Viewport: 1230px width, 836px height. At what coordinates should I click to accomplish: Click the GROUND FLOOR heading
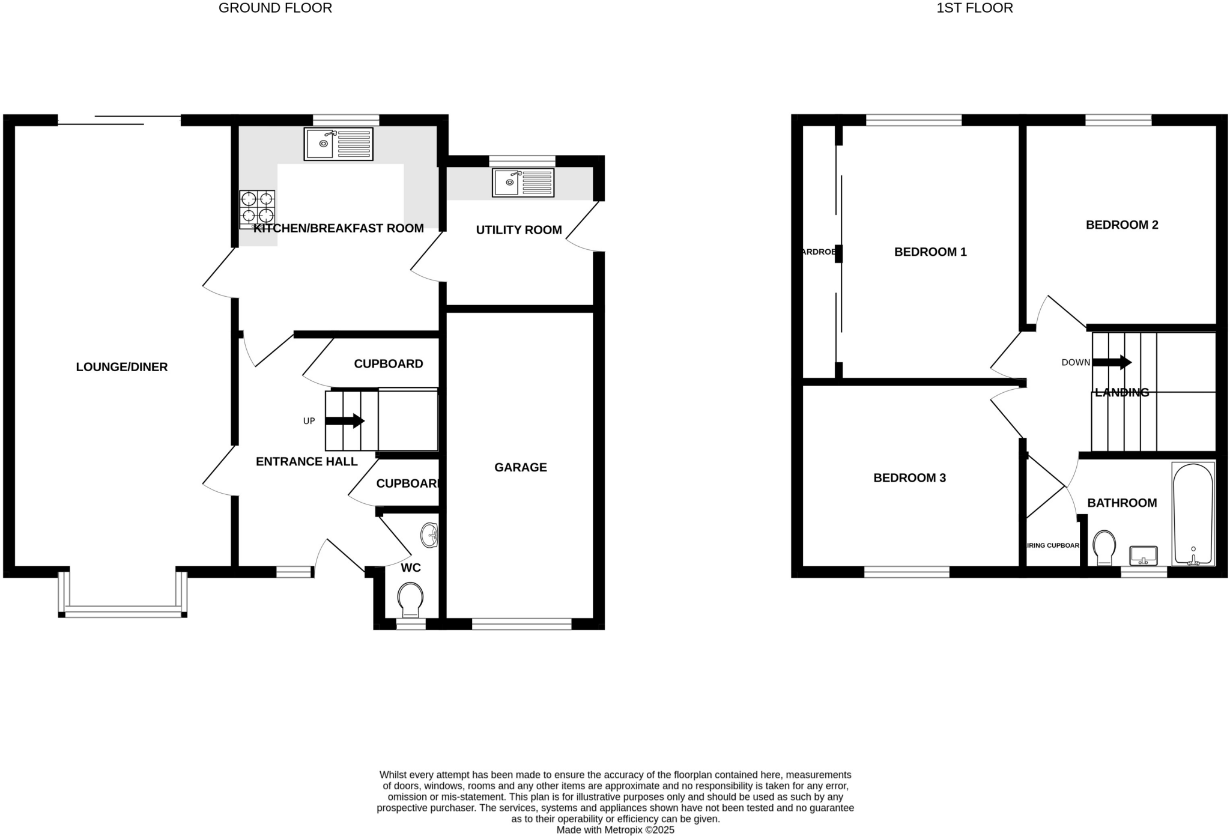tap(275, 8)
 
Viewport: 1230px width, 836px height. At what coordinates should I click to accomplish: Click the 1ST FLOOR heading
tap(974, 8)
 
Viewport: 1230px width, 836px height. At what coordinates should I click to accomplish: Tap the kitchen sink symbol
tap(338, 144)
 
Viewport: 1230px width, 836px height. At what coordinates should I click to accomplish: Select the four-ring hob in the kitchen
tap(257, 209)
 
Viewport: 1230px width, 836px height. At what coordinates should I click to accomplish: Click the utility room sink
tap(523, 183)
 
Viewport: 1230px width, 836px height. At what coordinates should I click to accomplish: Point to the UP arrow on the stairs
tap(345, 421)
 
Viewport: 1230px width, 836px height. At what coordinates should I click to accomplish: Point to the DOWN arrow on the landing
tap(1112, 363)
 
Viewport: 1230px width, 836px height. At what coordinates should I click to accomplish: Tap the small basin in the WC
tap(429, 535)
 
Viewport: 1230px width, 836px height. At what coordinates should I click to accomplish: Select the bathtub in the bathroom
tap(1193, 514)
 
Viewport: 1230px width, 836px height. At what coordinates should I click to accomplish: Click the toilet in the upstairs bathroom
tap(1104, 547)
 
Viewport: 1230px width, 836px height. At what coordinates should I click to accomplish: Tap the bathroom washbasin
tap(1144, 556)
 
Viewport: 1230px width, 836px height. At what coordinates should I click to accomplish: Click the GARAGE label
tap(520, 467)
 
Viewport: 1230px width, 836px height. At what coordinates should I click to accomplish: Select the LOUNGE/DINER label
tap(121, 367)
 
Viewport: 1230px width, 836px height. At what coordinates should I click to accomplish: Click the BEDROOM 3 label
tap(909, 478)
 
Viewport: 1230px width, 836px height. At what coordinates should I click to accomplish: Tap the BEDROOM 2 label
tap(1121, 225)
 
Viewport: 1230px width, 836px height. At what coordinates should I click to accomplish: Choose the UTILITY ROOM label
tap(518, 230)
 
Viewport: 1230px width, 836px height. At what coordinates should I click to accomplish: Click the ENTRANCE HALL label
tap(306, 461)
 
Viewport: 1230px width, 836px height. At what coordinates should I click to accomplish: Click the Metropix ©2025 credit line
tap(615, 830)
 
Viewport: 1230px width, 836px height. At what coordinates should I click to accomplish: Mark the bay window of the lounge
tap(123, 611)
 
